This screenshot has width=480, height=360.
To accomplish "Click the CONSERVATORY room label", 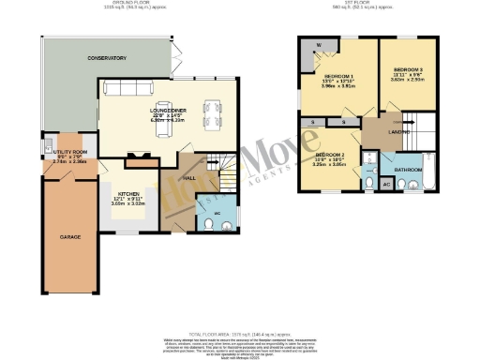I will [107, 58].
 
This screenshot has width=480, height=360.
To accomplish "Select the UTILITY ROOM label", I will [69, 151].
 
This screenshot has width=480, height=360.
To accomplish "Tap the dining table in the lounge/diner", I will [212, 113].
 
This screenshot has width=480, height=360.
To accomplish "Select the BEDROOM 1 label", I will [337, 75].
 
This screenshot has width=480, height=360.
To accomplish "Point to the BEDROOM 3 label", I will [407, 70].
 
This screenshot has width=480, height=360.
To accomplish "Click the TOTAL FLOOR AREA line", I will [240, 332].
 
